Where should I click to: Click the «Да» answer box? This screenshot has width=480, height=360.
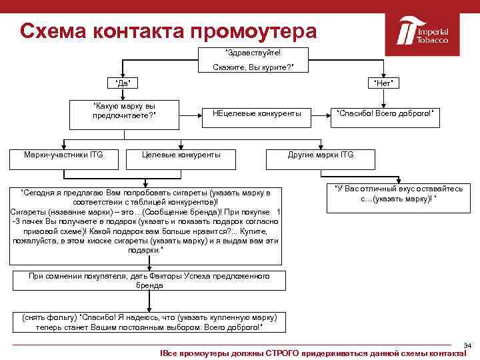coord(123,83)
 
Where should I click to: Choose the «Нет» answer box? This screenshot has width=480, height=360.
coord(383,83)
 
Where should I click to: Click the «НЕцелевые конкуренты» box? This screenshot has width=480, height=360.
coord(256,113)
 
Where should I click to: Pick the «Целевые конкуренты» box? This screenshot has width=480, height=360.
coord(181,155)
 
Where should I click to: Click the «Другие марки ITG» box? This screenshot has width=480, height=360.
coord(321,155)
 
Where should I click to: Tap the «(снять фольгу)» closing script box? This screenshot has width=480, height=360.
coord(149,322)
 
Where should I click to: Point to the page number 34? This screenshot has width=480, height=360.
coord(467,345)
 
